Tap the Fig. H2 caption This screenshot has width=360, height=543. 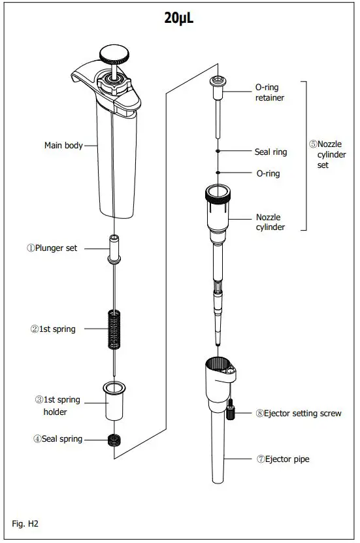pos(27,523)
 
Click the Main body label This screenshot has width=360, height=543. pos(63,146)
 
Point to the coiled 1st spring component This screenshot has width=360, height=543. pos(114,329)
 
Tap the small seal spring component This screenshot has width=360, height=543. pos(114,440)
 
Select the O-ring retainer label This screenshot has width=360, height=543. pos(270,92)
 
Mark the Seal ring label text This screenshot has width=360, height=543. pos(270,152)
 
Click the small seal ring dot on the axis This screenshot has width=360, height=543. pos(217,151)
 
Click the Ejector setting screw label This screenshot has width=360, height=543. pos(299,413)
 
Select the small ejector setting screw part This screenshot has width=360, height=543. pos(231,411)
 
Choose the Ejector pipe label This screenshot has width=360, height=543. pos(283,459)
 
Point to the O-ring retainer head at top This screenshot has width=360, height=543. pos(217,82)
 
